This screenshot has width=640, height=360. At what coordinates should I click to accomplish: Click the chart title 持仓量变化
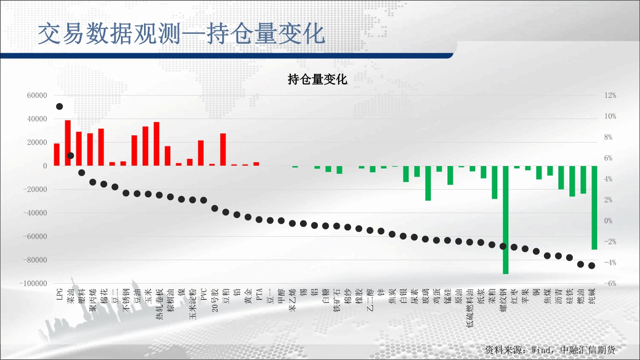click(x=317, y=79)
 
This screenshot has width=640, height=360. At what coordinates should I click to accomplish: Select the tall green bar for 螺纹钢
click(x=506, y=220)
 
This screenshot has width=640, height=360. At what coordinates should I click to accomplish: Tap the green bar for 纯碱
click(x=594, y=208)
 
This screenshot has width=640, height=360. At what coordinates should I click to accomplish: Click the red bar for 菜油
click(x=68, y=143)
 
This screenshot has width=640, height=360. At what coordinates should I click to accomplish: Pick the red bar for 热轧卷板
click(x=157, y=144)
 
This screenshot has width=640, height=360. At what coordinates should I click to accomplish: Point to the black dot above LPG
click(x=60, y=107)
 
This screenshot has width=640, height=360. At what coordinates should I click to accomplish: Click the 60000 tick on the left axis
click(x=37, y=96)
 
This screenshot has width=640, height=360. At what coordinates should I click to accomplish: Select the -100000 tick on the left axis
click(x=33, y=284)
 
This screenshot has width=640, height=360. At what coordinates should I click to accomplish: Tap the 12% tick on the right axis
click(x=610, y=96)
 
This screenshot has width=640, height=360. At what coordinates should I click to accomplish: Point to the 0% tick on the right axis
click(x=608, y=221)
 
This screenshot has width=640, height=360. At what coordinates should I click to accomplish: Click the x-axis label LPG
click(x=60, y=294)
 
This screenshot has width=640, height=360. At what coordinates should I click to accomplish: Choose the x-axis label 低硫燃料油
click(x=470, y=308)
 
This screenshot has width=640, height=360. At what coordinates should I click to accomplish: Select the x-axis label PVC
click(x=204, y=294)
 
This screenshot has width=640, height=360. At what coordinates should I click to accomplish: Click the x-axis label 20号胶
click(x=215, y=300)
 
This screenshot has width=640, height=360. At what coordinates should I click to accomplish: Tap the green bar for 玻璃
click(x=428, y=183)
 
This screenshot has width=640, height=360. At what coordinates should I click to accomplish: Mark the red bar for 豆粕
click(x=223, y=149)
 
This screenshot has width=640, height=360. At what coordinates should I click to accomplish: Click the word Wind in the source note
click(x=542, y=350)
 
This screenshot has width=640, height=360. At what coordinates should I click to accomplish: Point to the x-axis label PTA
click(x=259, y=294)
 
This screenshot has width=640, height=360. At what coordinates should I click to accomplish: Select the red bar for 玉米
click(x=145, y=146)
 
